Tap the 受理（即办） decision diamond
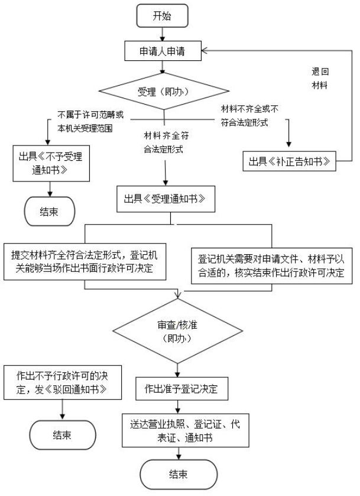(x=163, y=92)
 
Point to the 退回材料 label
(x=320, y=78)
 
